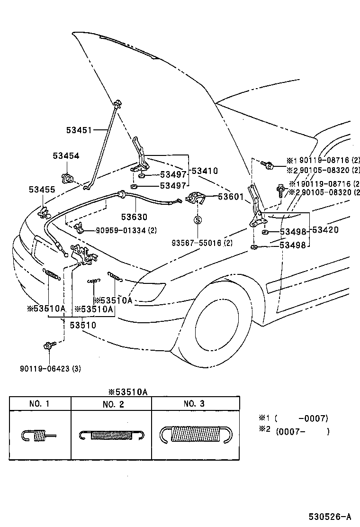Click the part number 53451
click(x=80, y=129)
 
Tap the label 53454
click(x=66, y=156)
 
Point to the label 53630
click(x=134, y=217)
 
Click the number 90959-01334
click(x=123, y=230)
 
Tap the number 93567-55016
click(x=202, y=243)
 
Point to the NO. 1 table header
click(x=39, y=404)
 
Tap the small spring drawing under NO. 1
click(x=38, y=435)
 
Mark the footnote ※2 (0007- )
click(x=294, y=431)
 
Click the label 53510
click(x=82, y=325)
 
